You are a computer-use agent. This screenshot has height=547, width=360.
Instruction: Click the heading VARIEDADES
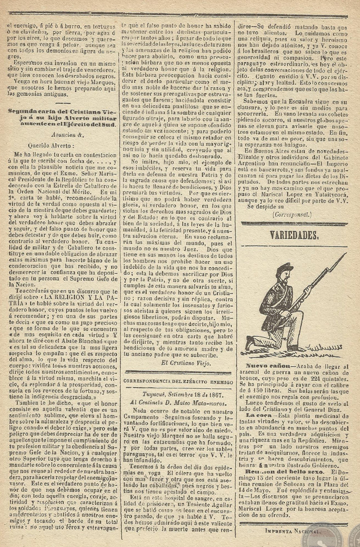pos(294,235)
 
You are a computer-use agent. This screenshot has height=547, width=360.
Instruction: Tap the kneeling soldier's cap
pos(283,268)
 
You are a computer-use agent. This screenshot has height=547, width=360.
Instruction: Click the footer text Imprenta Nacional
pos(291,530)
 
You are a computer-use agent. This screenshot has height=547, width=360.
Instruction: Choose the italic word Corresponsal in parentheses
pos(292,214)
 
